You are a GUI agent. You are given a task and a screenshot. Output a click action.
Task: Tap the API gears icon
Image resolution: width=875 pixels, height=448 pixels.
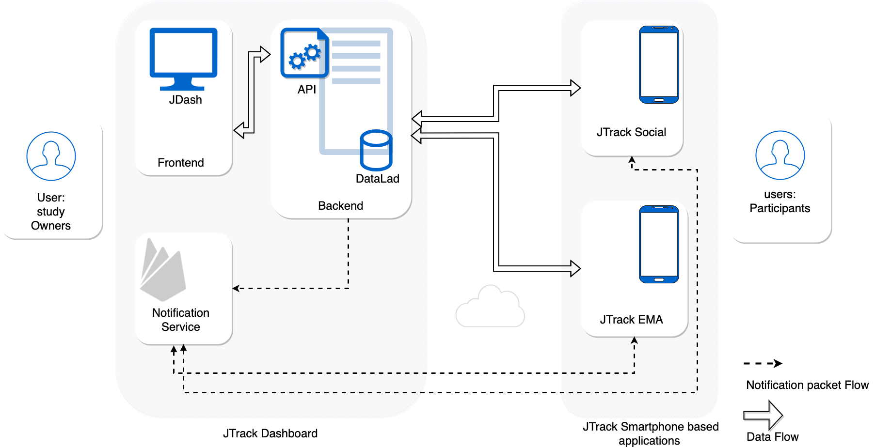(x=304, y=53)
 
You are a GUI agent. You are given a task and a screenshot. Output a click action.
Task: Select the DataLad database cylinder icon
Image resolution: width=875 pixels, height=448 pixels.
(x=376, y=150)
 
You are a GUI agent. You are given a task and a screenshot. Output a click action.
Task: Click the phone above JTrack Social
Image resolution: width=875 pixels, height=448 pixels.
(x=659, y=64)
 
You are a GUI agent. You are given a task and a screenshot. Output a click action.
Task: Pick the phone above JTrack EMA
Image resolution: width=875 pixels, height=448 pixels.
(x=659, y=244)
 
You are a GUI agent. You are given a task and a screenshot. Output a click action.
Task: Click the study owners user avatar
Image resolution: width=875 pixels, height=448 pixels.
(x=51, y=156)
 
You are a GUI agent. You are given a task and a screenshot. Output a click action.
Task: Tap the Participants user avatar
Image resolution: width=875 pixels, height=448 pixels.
(x=780, y=155)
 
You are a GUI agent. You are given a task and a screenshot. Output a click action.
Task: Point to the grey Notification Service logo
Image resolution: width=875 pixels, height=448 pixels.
(x=163, y=271)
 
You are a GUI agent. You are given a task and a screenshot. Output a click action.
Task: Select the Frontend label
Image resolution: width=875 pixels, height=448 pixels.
(x=181, y=163)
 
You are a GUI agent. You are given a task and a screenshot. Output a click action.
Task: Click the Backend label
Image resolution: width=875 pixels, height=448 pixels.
(x=340, y=206)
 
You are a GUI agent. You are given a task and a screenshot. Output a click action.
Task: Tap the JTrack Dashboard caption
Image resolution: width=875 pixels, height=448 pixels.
(x=270, y=433)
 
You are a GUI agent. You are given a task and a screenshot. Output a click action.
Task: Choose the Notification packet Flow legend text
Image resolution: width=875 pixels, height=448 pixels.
(x=807, y=385)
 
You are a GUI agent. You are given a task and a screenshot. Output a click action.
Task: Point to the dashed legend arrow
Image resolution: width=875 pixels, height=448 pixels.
(x=763, y=363)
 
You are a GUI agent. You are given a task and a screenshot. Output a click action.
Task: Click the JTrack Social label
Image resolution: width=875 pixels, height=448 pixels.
(x=631, y=132)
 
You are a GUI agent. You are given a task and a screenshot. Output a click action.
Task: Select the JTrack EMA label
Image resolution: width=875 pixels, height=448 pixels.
(x=631, y=320)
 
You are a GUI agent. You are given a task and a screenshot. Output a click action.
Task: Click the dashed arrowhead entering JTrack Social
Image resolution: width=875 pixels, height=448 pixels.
(x=632, y=160)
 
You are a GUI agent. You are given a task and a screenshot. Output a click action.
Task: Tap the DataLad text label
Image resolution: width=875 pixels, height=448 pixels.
(x=377, y=179)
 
